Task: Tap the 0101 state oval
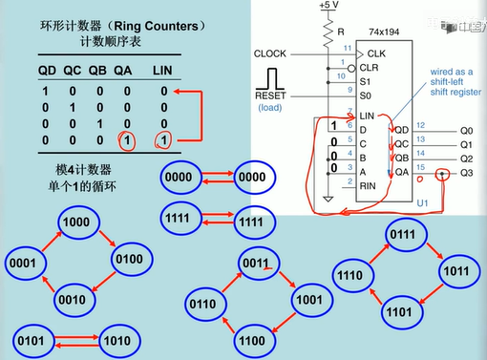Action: [x=34, y=341]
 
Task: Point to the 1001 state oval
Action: [x=308, y=298]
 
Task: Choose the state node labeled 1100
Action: [x=255, y=339]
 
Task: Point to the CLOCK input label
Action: [x=272, y=54]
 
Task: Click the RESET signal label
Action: [x=272, y=95]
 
